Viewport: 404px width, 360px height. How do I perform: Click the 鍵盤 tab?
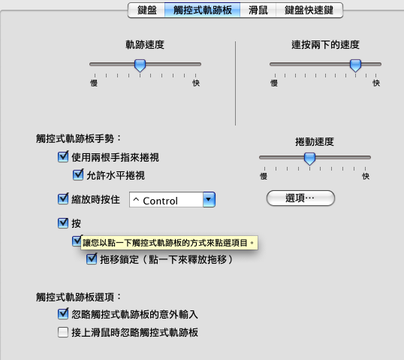click(x=146, y=11)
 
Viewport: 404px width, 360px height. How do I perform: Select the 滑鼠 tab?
click(x=258, y=11)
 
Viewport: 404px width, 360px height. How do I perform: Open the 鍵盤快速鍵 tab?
click(x=309, y=11)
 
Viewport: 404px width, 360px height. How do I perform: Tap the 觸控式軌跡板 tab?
click(x=203, y=11)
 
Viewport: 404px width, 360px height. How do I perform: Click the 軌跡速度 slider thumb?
click(x=140, y=65)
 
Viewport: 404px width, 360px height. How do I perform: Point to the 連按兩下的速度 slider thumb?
click(x=355, y=65)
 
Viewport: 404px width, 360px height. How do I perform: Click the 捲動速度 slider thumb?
click(x=309, y=159)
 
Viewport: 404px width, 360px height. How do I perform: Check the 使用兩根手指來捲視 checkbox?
click(x=63, y=157)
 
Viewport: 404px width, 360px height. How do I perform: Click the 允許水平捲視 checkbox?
click(x=78, y=175)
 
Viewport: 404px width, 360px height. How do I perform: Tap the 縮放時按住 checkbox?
click(x=63, y=199)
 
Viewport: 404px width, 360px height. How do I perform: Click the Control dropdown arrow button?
click(x=209, y=199)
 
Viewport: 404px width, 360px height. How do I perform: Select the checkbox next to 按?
click(x=63, y=223)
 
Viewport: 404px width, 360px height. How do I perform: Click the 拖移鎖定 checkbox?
click(x=92, y=259)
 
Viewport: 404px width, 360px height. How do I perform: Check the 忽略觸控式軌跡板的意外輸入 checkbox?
click(x=63, y=313)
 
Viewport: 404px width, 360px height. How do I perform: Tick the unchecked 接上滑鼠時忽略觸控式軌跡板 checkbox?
click(x=63, y=332)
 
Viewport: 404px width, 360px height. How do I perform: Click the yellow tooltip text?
click(x=168, y=243)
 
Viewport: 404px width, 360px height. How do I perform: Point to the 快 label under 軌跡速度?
click(x=196, y=83)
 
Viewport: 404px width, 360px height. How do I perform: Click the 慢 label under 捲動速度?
click(x=264, y=177)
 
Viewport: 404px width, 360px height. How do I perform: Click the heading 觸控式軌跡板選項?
click(x=75, y=297)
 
